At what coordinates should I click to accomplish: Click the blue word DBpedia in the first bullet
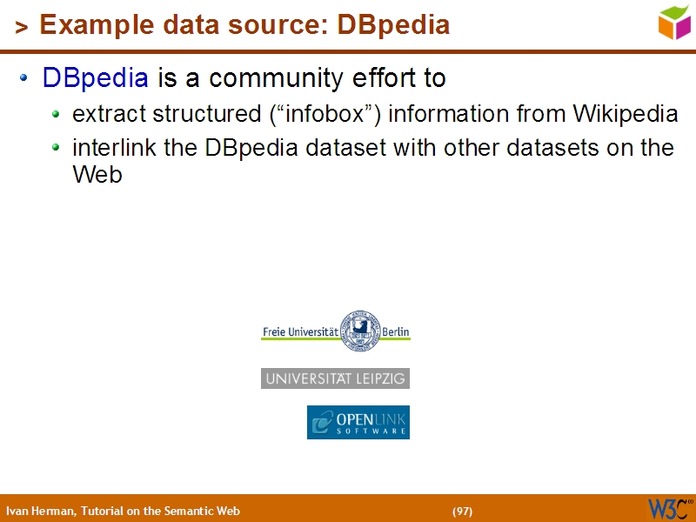click(x=95, y=78)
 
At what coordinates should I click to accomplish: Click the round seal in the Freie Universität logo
click(x=359, y=331)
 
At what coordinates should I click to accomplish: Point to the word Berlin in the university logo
click(x=395, y=332)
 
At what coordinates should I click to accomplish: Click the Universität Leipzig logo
click(x=335, y=378)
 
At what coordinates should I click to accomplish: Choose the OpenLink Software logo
click(x=358, y=422)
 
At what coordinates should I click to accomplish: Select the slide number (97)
click(x=462, y=511)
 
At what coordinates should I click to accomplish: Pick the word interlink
click(x=114, y=148)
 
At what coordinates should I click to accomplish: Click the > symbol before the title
click(x=22, y=28)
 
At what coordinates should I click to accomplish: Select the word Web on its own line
click(x=97, y=174)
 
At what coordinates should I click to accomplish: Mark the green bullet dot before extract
click(x=57, y=113)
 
